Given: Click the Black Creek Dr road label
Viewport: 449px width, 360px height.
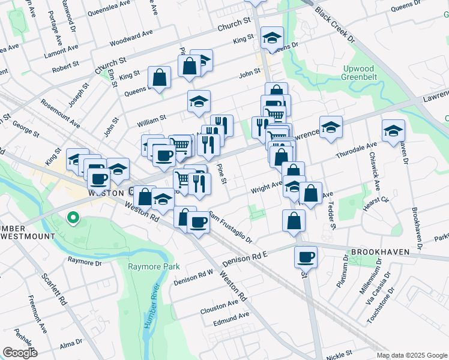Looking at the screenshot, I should [x=336, y=23].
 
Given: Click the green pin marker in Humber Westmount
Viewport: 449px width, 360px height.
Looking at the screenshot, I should [x=73, y=217].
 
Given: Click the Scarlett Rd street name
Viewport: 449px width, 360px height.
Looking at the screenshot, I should [x=52, y=289].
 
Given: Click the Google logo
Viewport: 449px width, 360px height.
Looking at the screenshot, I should [x=19, y=353].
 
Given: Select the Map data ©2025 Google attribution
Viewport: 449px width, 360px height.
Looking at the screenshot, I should [x=412, y=355].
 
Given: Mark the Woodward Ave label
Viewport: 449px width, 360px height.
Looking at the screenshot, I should [x=131, y=38].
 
